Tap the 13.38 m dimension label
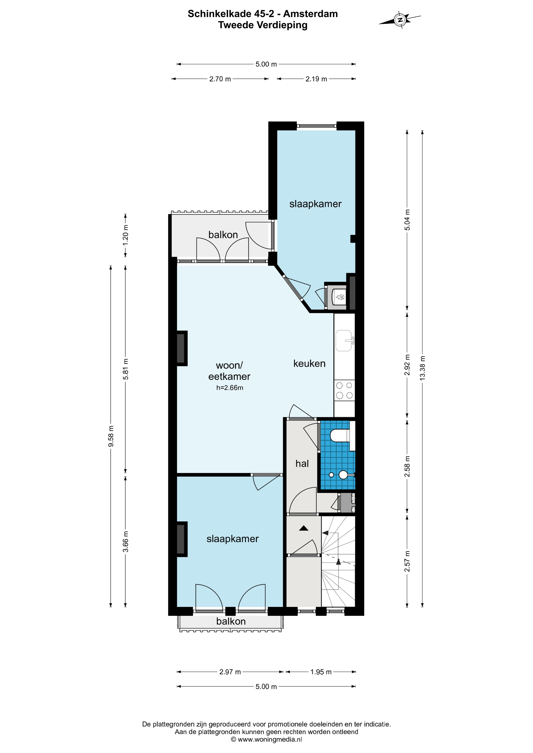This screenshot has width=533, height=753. [422, 368]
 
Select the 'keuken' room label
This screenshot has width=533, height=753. [309, 363]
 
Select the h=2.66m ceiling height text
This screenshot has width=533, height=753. [229, 388]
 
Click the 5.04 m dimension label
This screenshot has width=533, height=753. [407, 220]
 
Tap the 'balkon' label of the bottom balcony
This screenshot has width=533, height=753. [231, 621]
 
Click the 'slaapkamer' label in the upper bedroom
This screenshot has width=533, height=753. [315, 204]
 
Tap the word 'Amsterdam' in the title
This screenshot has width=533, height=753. [310, 14]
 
